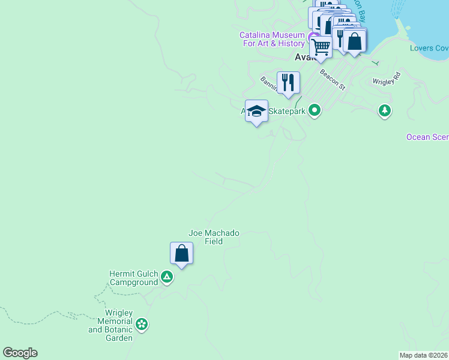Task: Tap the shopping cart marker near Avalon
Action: click(x=321, y=47)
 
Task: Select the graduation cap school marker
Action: click(x=257, y=111)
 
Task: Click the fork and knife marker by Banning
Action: click(x=288, y=83)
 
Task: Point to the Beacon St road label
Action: click(x=333, y=79)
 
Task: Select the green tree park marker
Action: click(x=385, y=110)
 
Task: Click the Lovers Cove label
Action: click(x=429, y=48)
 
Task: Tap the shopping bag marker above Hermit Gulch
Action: click(x=181, y=254)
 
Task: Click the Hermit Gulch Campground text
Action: click(x=133, y=278)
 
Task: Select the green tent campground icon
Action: click(x=167, y=278)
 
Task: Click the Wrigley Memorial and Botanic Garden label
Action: click(x=110, y=325)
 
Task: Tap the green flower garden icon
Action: click(x=142, y=325)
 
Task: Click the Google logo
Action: click(x=20, y=353)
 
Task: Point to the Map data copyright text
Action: click(x=423, y=355)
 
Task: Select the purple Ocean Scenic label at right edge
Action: click(x=427, y=137)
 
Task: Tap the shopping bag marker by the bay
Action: click(x=355, y=42)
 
